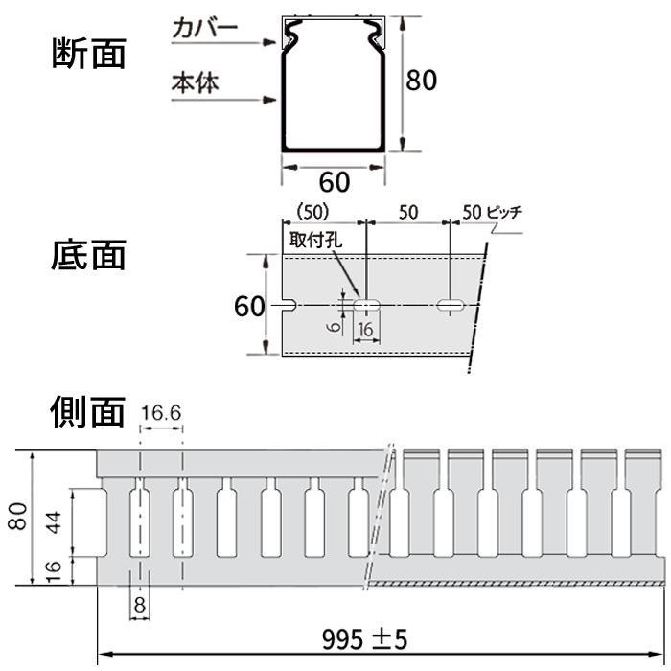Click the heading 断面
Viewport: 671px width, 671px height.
tap(87, 56)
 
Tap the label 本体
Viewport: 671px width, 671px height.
tap(195, 82)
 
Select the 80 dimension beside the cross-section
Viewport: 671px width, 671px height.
tap(422, 81)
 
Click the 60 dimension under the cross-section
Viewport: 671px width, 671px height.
tap(334, 179)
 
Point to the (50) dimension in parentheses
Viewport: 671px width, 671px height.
tap(312, 211)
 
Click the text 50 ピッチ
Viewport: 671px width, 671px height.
tap(492, 212)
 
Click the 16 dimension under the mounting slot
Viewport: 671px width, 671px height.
tap(365, 329)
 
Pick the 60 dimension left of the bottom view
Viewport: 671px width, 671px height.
tap(248, 307)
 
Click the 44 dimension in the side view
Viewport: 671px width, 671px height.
tap(55, 521)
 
